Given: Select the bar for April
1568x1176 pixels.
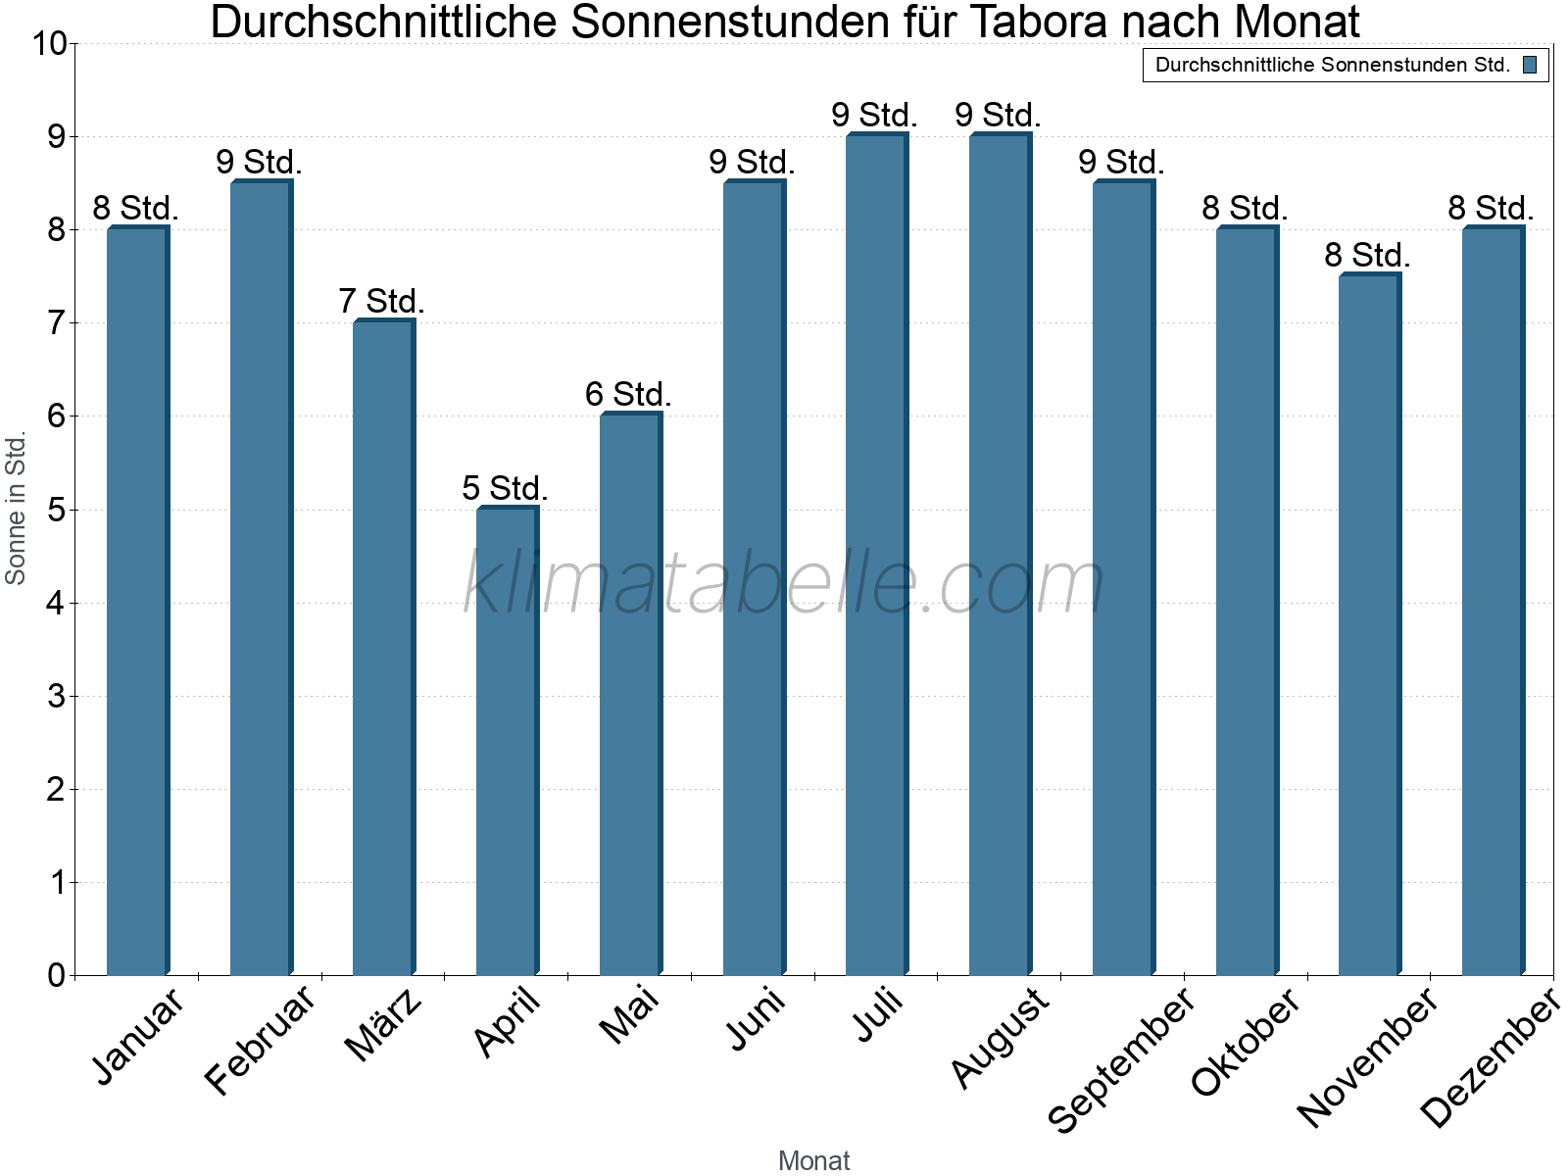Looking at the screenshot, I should click(507, 742).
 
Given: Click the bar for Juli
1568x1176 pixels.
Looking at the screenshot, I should click(876, 555).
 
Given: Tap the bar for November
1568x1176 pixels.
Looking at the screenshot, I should click(1369, 625).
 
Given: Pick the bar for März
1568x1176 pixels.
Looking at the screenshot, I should click(383, 648).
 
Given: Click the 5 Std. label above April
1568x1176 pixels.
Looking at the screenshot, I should click(505, 488).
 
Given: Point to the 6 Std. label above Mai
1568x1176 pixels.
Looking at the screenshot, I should click(628, 395).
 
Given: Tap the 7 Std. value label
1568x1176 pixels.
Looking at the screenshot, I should click(381, 302).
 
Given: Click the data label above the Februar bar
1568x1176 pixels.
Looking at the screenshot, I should click(259, 163).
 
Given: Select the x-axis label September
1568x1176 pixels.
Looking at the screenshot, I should click(1121, 1059).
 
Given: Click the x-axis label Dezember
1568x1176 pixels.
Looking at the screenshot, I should click(1490, 1057).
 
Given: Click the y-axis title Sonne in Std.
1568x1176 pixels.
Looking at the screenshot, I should click(16, 508).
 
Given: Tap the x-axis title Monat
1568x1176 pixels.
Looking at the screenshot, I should click(813, 1160).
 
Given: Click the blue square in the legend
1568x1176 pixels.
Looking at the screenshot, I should click(1530, 66).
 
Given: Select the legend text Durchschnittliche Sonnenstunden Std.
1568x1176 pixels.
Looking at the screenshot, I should click(1332, 66).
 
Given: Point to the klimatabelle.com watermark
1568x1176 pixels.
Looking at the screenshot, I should click(784, 583).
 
